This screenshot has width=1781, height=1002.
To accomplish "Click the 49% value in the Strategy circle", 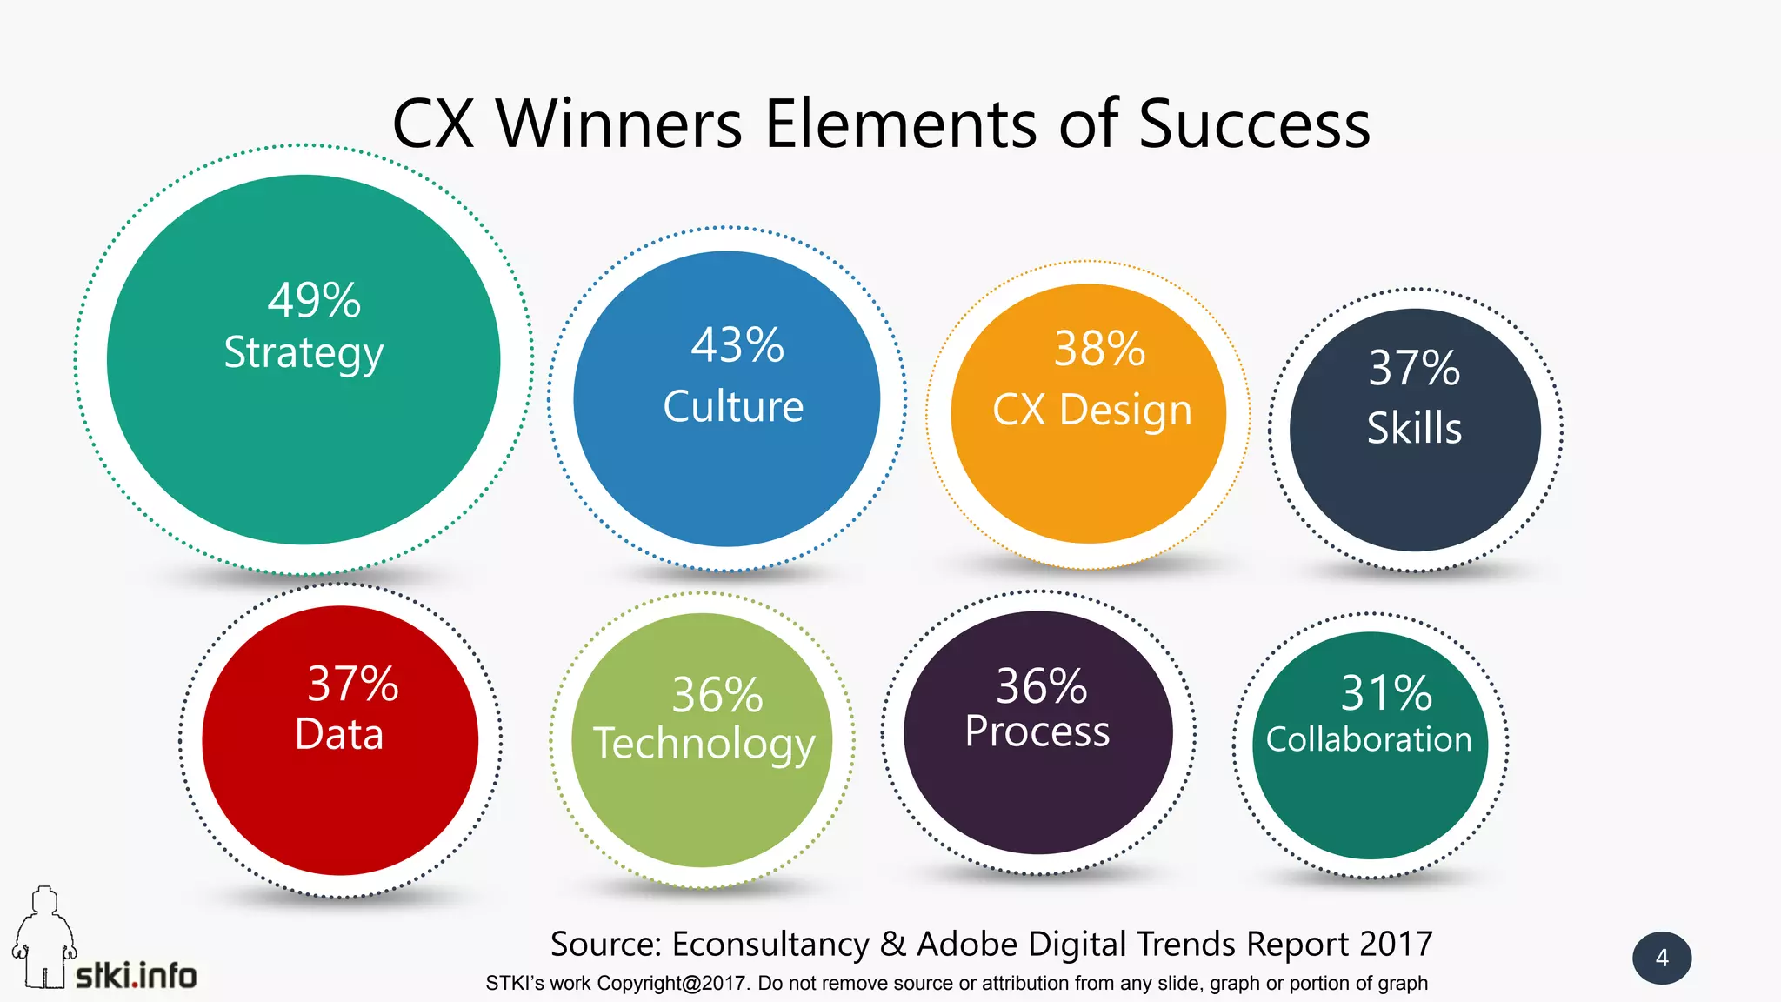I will pos(313,301).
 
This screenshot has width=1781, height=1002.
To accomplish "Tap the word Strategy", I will pos(304,353).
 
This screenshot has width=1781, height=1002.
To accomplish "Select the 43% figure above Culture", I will pos(737,345).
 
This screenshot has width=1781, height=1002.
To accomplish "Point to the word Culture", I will pos(733,406).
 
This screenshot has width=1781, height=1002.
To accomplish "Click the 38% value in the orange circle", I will pos(1099,349).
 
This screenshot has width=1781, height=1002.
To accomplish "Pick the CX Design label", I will pos(1092,410).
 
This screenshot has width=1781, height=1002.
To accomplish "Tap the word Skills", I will pos(1414,428).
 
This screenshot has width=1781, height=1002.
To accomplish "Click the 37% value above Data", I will pos(353,684).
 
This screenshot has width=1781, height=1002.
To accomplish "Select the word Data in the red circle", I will pos(339,734).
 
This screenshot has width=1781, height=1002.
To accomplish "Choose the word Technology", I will pos(704,745).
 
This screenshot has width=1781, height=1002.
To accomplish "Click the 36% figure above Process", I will pos(1041,686).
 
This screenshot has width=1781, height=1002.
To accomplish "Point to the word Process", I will pos(1037,731).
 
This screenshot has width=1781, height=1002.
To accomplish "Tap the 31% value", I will pos(1386,693).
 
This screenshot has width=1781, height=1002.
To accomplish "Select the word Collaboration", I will pos(1369,739).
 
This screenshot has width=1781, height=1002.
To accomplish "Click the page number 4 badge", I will pos(1662,958).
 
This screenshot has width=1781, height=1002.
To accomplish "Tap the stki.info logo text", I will pos(137,976).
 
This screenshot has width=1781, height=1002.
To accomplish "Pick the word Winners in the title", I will pos(619,124).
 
